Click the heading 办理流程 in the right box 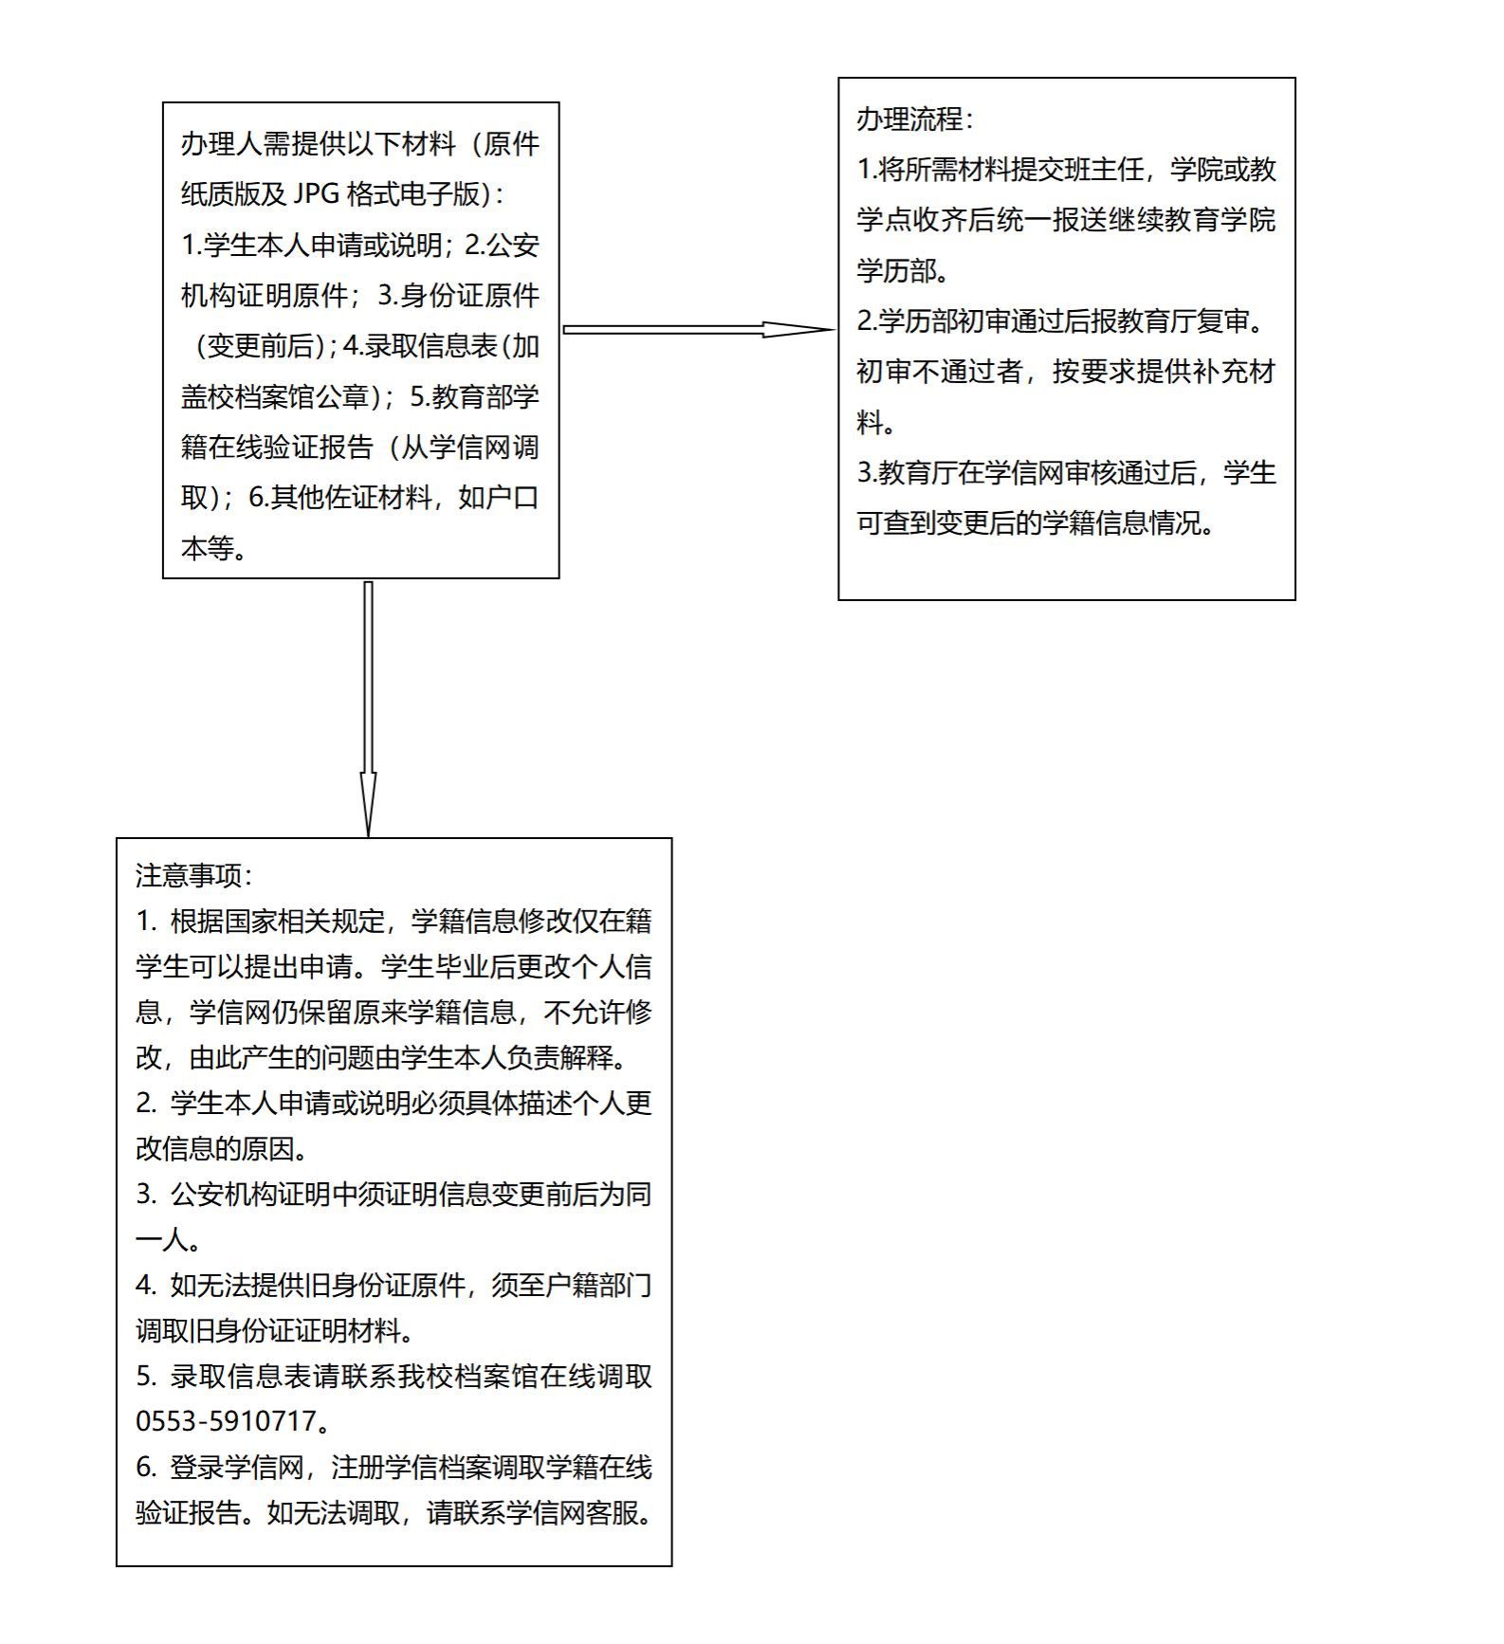(x=909, y=119)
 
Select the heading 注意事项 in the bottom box (x=189, y=875)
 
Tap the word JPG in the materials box (x=316, y=194)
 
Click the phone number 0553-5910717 (x=227, y=1421)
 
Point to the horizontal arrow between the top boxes (x=697, y=330)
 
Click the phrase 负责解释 (x=560, y=1057)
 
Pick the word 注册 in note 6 (x=357, y=1467)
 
